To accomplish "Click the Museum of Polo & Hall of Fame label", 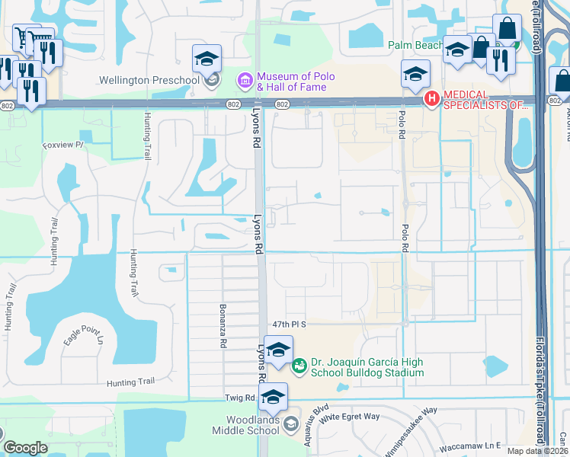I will pos(291,81).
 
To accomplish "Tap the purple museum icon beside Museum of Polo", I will pos(245,80).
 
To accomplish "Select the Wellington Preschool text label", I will pos(149,80).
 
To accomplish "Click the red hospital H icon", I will pos(432,98).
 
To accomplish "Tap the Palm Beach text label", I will pos(415,46).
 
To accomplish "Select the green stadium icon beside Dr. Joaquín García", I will pos(299,367).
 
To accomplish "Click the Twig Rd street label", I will pos(239,398).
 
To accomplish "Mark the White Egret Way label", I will pos(350,417).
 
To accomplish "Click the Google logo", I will pos(25,449).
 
